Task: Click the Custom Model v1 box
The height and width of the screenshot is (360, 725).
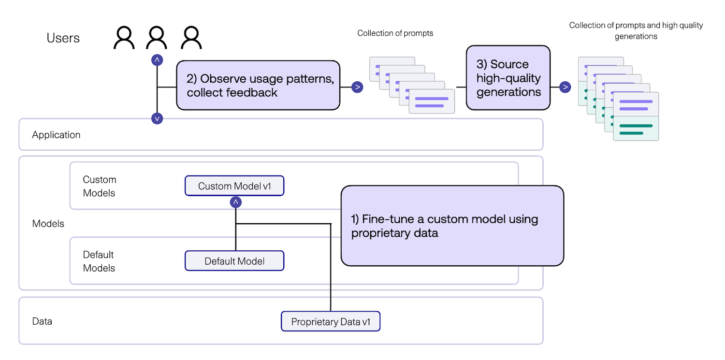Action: click(x=234, y=186)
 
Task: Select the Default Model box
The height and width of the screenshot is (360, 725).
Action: click(x=234, y=261)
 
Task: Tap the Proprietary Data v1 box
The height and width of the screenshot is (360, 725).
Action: click(x=331, y=322)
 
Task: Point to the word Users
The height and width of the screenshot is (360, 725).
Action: click(x=63, y=38)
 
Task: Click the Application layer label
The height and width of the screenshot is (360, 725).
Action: click(x=56, y=135)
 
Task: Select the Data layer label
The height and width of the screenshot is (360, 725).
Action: click(x=42, y=321)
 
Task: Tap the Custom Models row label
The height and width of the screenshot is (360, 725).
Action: click(x=99, y=186)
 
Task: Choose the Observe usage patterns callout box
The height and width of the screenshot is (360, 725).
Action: click(x=258, y=86)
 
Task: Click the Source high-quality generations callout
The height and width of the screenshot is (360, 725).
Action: click(x=508, y=78)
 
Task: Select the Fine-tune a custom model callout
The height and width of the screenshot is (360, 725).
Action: click(x=452, y=226)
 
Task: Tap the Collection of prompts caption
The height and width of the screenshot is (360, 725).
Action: click(x=395, y=33)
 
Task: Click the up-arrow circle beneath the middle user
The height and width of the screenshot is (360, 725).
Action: click(x=157, y=60)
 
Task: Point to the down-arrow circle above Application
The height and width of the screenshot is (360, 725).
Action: click(x=157, y=118)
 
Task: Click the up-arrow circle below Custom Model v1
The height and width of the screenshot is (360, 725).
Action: click(x=235, y=202)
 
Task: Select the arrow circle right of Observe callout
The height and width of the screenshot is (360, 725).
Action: click(x=357, y=87)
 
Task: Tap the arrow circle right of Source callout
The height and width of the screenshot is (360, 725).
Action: click(x=565, y=87)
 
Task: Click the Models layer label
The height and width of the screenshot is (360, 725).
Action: click(x=48, y=224)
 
